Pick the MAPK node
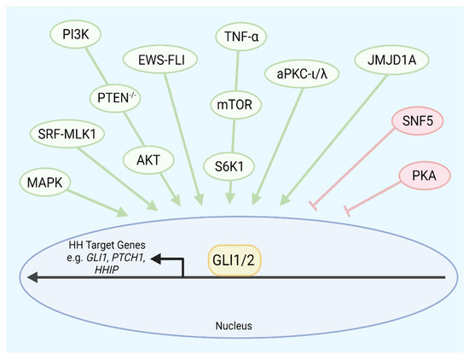click(x=43, y=181)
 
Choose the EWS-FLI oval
click(x=168, y=61)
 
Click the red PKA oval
click(x=423, y=177)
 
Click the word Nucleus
click(x=234, y=326)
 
